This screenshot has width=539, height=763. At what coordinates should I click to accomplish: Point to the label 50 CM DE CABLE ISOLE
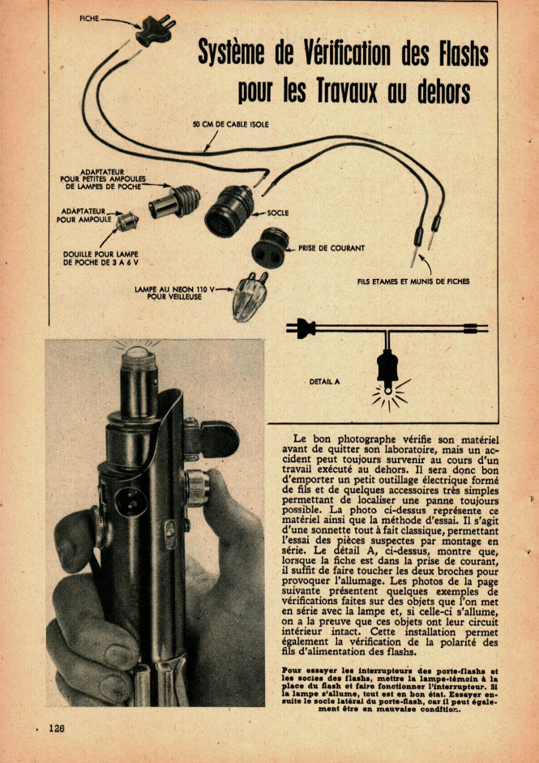pos(231,124)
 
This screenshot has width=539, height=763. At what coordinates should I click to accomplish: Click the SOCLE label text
pos(277,213)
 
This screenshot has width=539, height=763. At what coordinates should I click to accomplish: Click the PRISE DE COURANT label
pos(332,248)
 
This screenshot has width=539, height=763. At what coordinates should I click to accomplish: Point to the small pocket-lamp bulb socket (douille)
pos(127,221)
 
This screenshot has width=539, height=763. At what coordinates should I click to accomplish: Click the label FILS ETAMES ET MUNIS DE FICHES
pos(413,282)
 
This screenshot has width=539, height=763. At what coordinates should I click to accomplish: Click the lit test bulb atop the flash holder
pos(139,354)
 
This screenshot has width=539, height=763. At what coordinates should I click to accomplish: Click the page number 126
pos(56,727)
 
